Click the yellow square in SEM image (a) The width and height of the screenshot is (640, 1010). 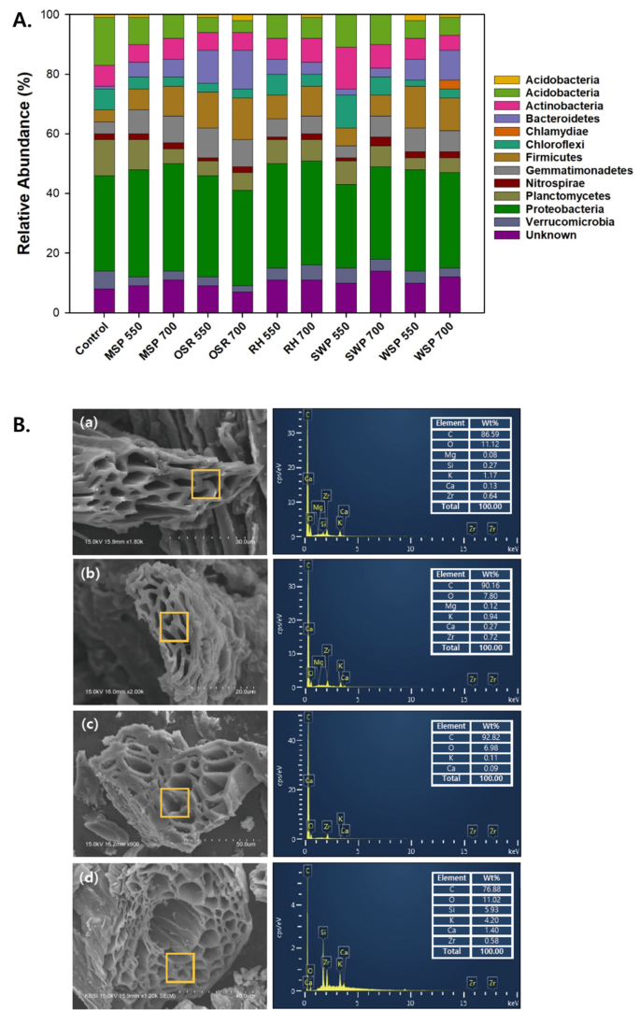[x=206, y=484]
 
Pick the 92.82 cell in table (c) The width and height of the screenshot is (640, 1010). [x=486, y=737]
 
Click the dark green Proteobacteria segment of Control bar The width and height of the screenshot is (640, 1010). [x=105, y=223]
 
